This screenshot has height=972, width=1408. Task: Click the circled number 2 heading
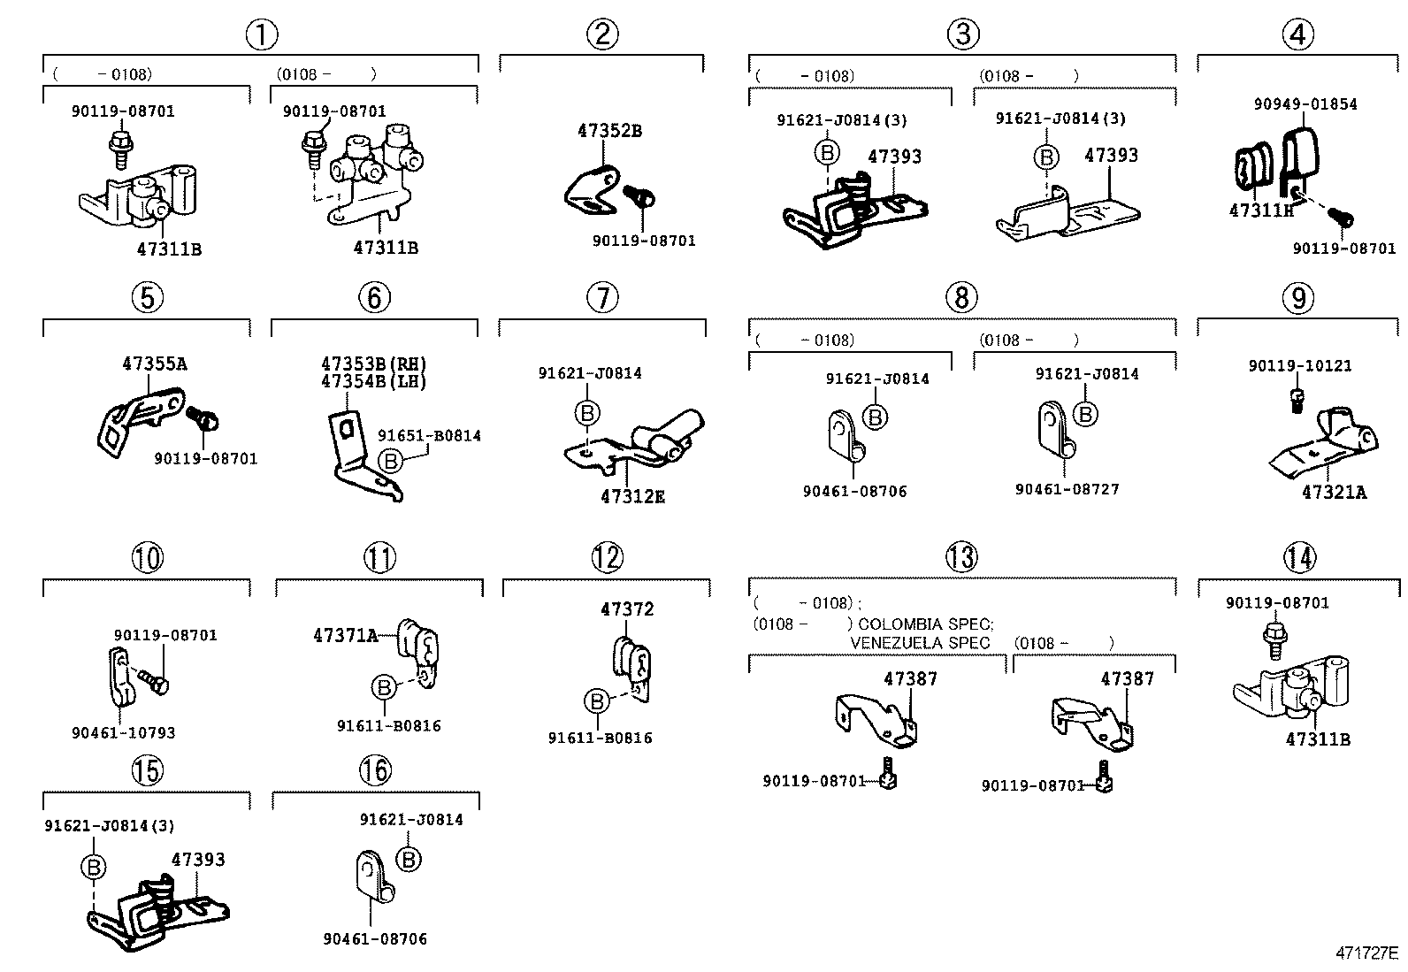(602, 34)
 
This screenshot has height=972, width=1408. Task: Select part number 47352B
(609, 131)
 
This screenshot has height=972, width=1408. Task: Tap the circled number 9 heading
(1297, 298)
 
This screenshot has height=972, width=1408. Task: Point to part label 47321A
(1334, 493)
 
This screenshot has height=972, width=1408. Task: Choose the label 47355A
(155, 364)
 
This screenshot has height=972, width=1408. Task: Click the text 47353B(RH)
(374, 364)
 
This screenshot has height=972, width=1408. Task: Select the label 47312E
(632, 497)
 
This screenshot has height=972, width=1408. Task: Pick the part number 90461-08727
(1067, 489)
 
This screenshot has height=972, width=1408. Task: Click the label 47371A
(346, 635)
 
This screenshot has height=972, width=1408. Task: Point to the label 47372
(627, 609)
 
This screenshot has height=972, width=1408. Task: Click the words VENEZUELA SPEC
(920, 643)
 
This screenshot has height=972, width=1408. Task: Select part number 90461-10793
(123, 732)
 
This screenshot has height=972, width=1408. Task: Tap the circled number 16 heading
(375, 770)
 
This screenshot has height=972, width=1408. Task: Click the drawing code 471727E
(1366, 953)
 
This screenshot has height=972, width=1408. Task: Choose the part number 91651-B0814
(430, 436)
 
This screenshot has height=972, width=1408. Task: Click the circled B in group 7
(587, 413)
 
